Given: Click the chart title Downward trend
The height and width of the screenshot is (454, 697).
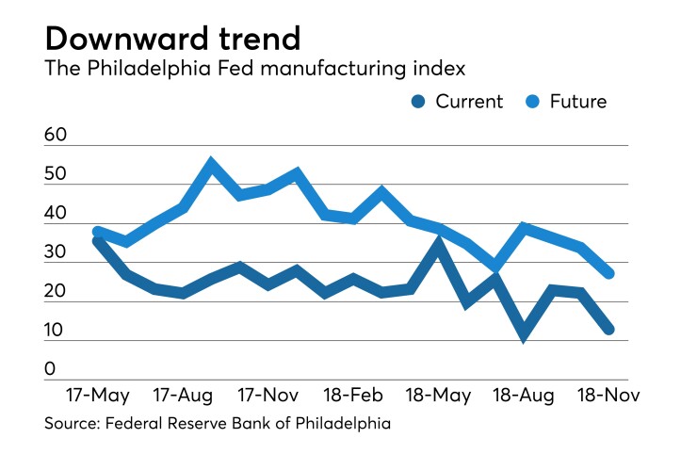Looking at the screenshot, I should (172, 38).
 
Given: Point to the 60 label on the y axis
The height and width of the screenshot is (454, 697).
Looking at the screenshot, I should (56, 136).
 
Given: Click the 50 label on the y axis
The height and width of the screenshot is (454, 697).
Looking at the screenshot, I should (56, 174).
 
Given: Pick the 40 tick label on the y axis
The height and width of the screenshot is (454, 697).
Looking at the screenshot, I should (56, 214).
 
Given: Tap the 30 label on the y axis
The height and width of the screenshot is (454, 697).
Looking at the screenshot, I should (56, 252).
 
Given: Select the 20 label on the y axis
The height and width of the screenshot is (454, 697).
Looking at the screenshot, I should (56, 292).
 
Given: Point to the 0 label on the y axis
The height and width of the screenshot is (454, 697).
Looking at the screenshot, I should (50, 369).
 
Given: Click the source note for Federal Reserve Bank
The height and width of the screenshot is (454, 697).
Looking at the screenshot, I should (217, 424).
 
